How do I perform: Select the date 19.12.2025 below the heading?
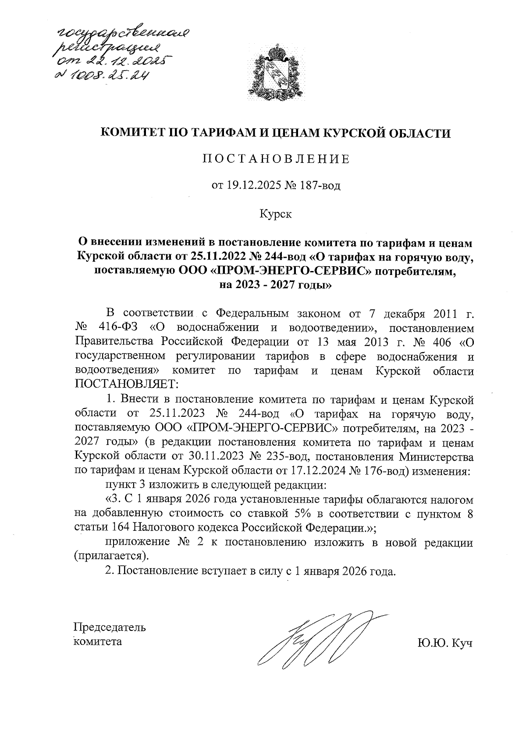coord(252,186)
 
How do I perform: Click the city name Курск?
coord(276,214)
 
